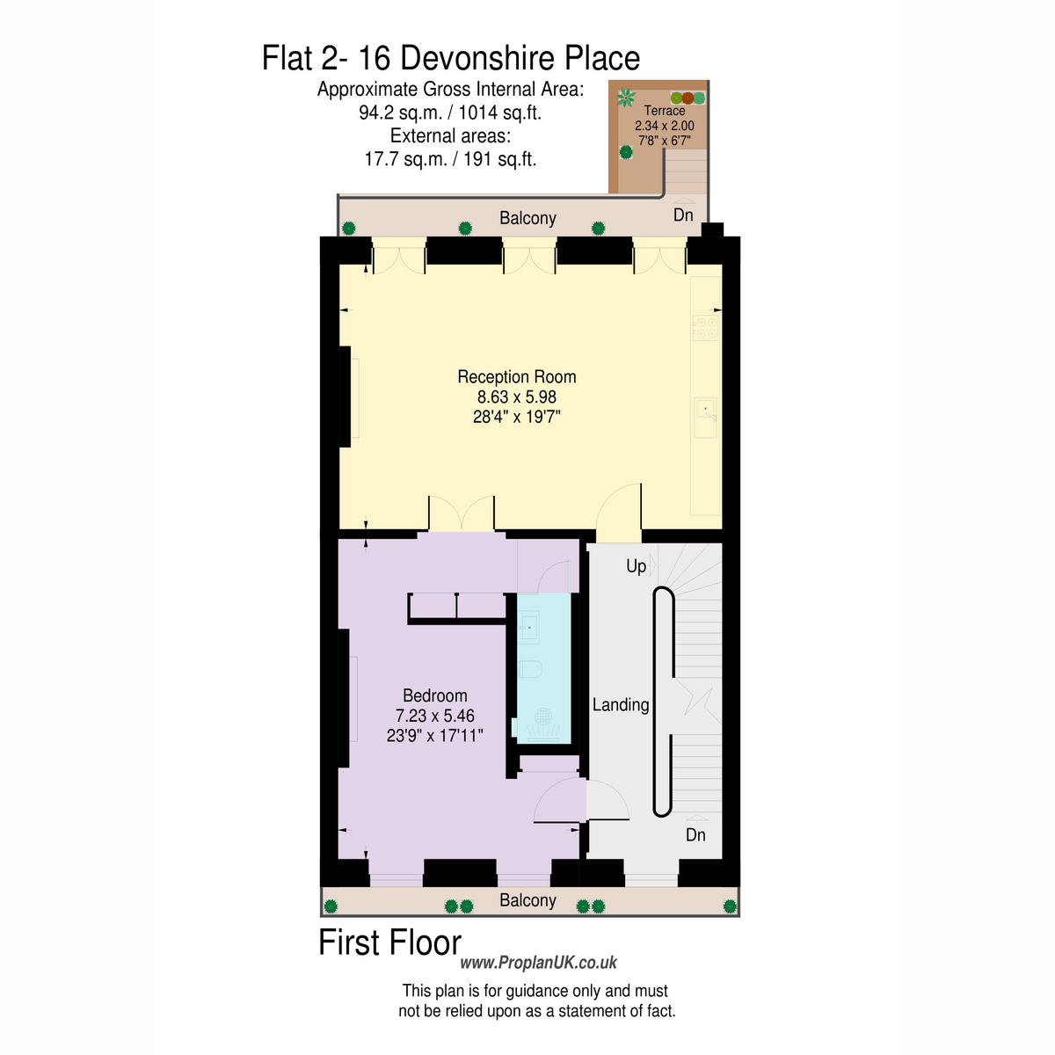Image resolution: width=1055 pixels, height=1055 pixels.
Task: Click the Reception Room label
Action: tap(516, 376)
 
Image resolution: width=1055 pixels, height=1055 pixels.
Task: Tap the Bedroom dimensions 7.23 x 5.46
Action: tap(434, 716)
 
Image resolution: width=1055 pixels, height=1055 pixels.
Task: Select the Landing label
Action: tap(621, 704)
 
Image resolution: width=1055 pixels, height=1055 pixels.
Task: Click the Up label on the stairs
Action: tap(636, 566)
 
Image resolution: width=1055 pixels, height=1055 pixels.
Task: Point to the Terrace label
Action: tap(664, 110)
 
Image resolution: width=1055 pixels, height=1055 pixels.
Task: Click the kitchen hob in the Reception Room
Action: tap(705, 328)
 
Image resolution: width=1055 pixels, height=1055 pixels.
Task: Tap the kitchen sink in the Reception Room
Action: tap(705, 418)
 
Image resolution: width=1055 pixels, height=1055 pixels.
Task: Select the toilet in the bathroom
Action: tap(529, 669)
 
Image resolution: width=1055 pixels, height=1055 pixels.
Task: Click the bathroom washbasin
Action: tap(528, 627)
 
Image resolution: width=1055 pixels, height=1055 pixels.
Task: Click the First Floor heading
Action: tap(389, 942)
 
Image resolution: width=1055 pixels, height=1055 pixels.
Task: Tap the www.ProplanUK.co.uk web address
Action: tap(538, 963)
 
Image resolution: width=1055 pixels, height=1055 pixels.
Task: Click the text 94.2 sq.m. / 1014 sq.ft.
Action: tap(450, 113)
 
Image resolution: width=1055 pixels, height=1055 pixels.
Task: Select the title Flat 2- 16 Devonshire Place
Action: tap(451, 58)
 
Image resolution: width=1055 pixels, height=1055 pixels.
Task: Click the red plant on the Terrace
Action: tap(688, 98)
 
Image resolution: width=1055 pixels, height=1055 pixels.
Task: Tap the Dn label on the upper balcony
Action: tap(683, 215)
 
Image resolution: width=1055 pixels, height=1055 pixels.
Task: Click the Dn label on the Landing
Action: tap(695, 835)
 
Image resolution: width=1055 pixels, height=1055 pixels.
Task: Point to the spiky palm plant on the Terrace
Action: tap(626, 98)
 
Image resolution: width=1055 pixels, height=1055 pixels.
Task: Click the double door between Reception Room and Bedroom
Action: tap(462, 513)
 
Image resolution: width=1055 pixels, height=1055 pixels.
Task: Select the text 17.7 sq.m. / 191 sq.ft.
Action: tap(450, 159)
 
